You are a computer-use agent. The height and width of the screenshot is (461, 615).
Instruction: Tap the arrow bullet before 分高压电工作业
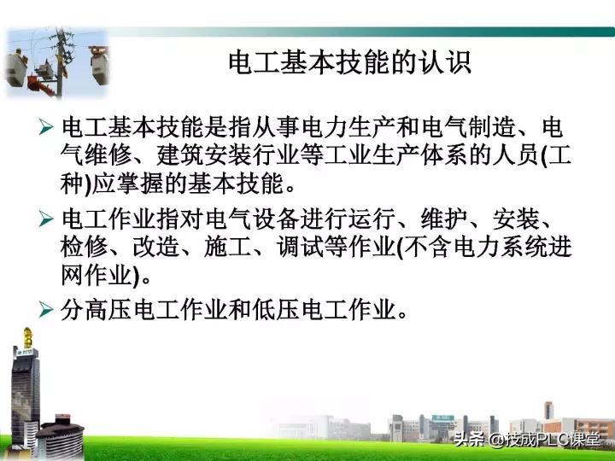(x=48, y=308)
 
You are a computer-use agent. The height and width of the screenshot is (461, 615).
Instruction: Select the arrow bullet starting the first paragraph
(x=48, y=128)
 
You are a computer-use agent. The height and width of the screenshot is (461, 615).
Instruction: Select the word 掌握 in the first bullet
(x=146, y=184)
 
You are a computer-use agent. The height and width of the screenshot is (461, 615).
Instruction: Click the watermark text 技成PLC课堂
(x=552, y=441)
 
